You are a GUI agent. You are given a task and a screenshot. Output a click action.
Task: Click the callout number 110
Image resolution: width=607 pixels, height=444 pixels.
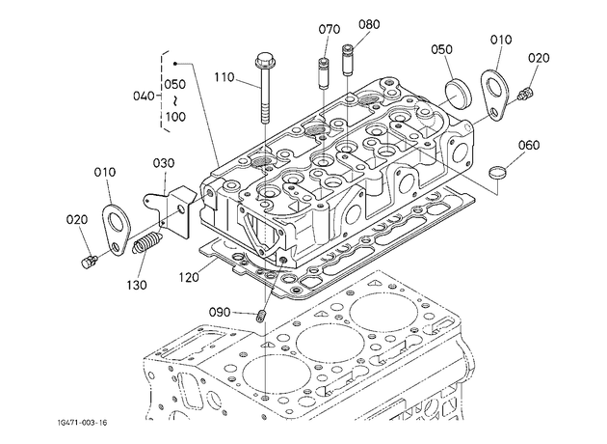coord(224,77)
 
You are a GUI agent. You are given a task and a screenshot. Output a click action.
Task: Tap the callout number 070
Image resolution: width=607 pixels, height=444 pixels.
coord(330,30)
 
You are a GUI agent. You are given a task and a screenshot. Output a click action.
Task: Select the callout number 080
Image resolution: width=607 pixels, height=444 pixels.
coord(369,24)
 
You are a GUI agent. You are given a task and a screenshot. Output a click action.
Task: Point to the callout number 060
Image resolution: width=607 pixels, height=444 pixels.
coord(529,146)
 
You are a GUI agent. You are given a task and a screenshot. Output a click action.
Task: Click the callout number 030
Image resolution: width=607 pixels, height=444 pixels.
coord(164,163)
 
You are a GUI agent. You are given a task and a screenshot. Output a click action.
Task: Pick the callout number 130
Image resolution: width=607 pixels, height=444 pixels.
coord(137,286)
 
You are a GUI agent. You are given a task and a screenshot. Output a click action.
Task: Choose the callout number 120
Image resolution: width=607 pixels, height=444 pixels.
coord(189,278)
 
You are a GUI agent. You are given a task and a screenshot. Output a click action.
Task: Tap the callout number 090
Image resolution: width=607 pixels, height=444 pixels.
coord(220,312)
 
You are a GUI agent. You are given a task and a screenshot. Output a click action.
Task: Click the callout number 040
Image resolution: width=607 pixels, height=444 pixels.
coord(144,96)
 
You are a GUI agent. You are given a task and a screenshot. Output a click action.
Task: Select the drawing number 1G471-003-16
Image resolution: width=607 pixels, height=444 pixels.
coord(82,423)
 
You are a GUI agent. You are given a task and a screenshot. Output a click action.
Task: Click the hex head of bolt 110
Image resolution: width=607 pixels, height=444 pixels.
coord(264,60)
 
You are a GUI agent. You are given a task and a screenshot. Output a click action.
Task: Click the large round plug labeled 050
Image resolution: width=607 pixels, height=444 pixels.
coord(458,94)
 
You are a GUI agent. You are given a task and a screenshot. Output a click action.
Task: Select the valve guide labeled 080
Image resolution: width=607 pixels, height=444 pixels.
coord(348,60)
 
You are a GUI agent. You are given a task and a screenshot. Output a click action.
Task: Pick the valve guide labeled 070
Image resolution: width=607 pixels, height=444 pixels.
coord(324,73)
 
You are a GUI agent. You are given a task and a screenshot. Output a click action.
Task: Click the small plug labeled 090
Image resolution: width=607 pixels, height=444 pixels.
coord(262,316)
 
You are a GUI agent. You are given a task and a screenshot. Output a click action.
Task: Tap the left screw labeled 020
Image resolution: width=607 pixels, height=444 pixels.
coord(89,262)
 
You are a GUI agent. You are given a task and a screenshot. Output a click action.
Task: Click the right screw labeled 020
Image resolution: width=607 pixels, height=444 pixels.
coord(525,94)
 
